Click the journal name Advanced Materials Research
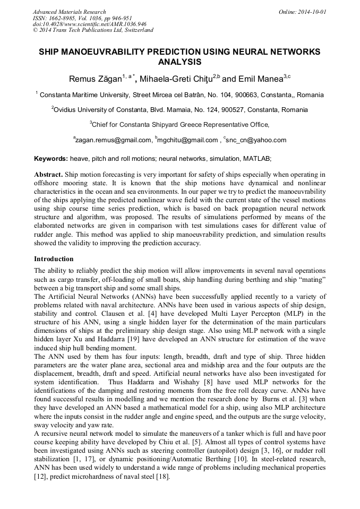coord(69,12)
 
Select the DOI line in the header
coord(89,24)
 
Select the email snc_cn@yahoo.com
coord(256,140)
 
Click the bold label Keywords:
coord(51,159)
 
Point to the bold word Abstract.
coord(49,175)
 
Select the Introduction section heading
coord(54,259)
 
